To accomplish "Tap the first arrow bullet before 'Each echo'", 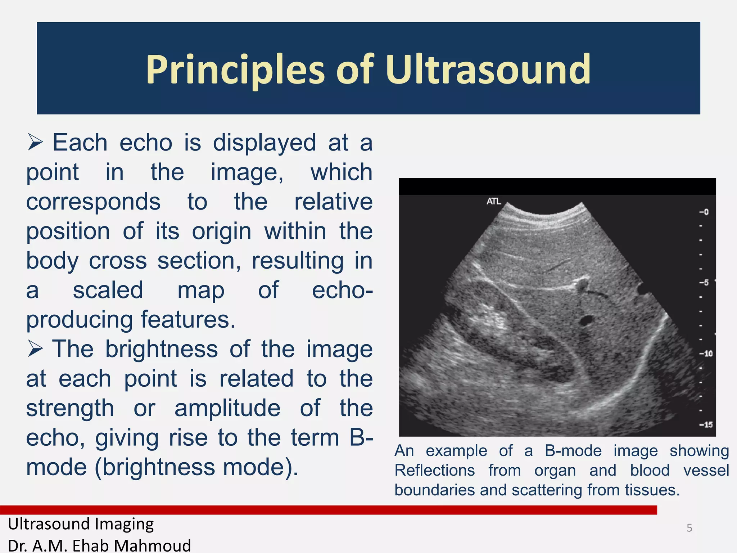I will pyautogui.click(x=35, y=143).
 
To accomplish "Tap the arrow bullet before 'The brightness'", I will pyautogui.click(x=35, y=350).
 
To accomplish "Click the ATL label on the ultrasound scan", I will pyautogui.click(x=494, y=201).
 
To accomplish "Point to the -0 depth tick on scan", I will pyautogui.click(x=704, y=212).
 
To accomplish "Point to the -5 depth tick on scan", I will pyautogui.click(x=704, y=283).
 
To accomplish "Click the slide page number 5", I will pyautogui.click(x=689, y=528).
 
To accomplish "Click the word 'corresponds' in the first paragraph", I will pyautogui.click(x=93, y=202).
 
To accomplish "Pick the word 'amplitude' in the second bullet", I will pyautogui.click(x=227, y=408).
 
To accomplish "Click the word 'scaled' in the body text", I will pyautogui.click(x=108, y=290).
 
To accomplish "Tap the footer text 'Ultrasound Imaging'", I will pyautogui.click(x=81, y=524).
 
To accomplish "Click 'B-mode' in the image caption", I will pyautogui.click(x=573, y=451).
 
